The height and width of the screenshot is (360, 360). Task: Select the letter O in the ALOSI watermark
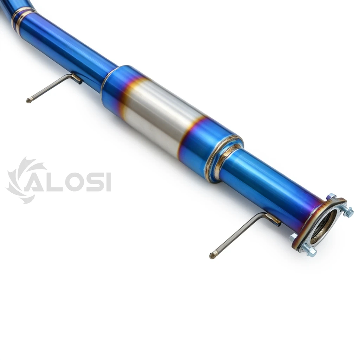pos(73,182)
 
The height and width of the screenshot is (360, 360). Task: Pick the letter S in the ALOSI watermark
pos(95,182)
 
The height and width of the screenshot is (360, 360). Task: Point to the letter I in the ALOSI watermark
pos(109,182)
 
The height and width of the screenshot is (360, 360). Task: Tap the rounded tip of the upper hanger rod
pos(28,101)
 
